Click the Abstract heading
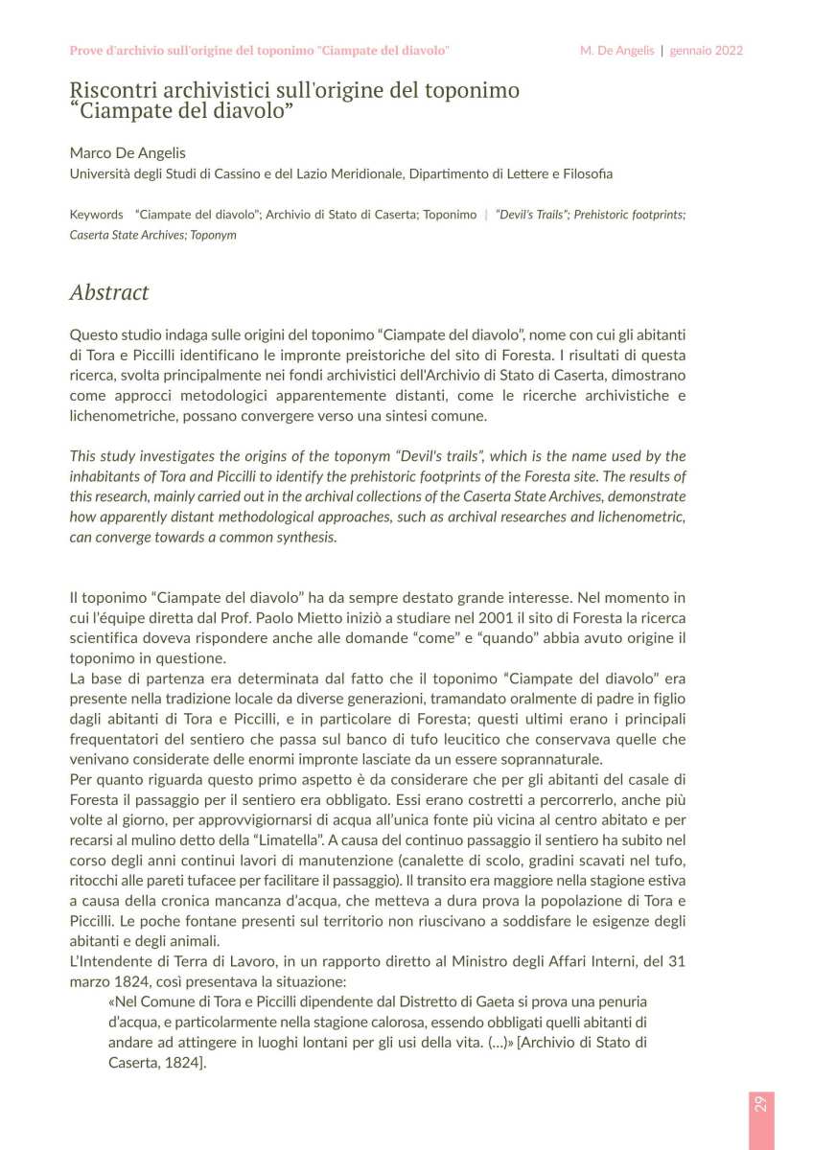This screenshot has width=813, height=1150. (x=109, y=292)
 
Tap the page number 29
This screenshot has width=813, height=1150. (x=758, y=1102)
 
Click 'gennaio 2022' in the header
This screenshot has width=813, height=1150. (x=707, y=50)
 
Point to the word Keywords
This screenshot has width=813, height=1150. (x=97, y=215)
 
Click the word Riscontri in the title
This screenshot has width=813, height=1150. (x=113, y=91)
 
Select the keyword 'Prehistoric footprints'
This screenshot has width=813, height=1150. (x=628, y=215)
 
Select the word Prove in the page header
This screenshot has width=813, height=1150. (x=90, y=50)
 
